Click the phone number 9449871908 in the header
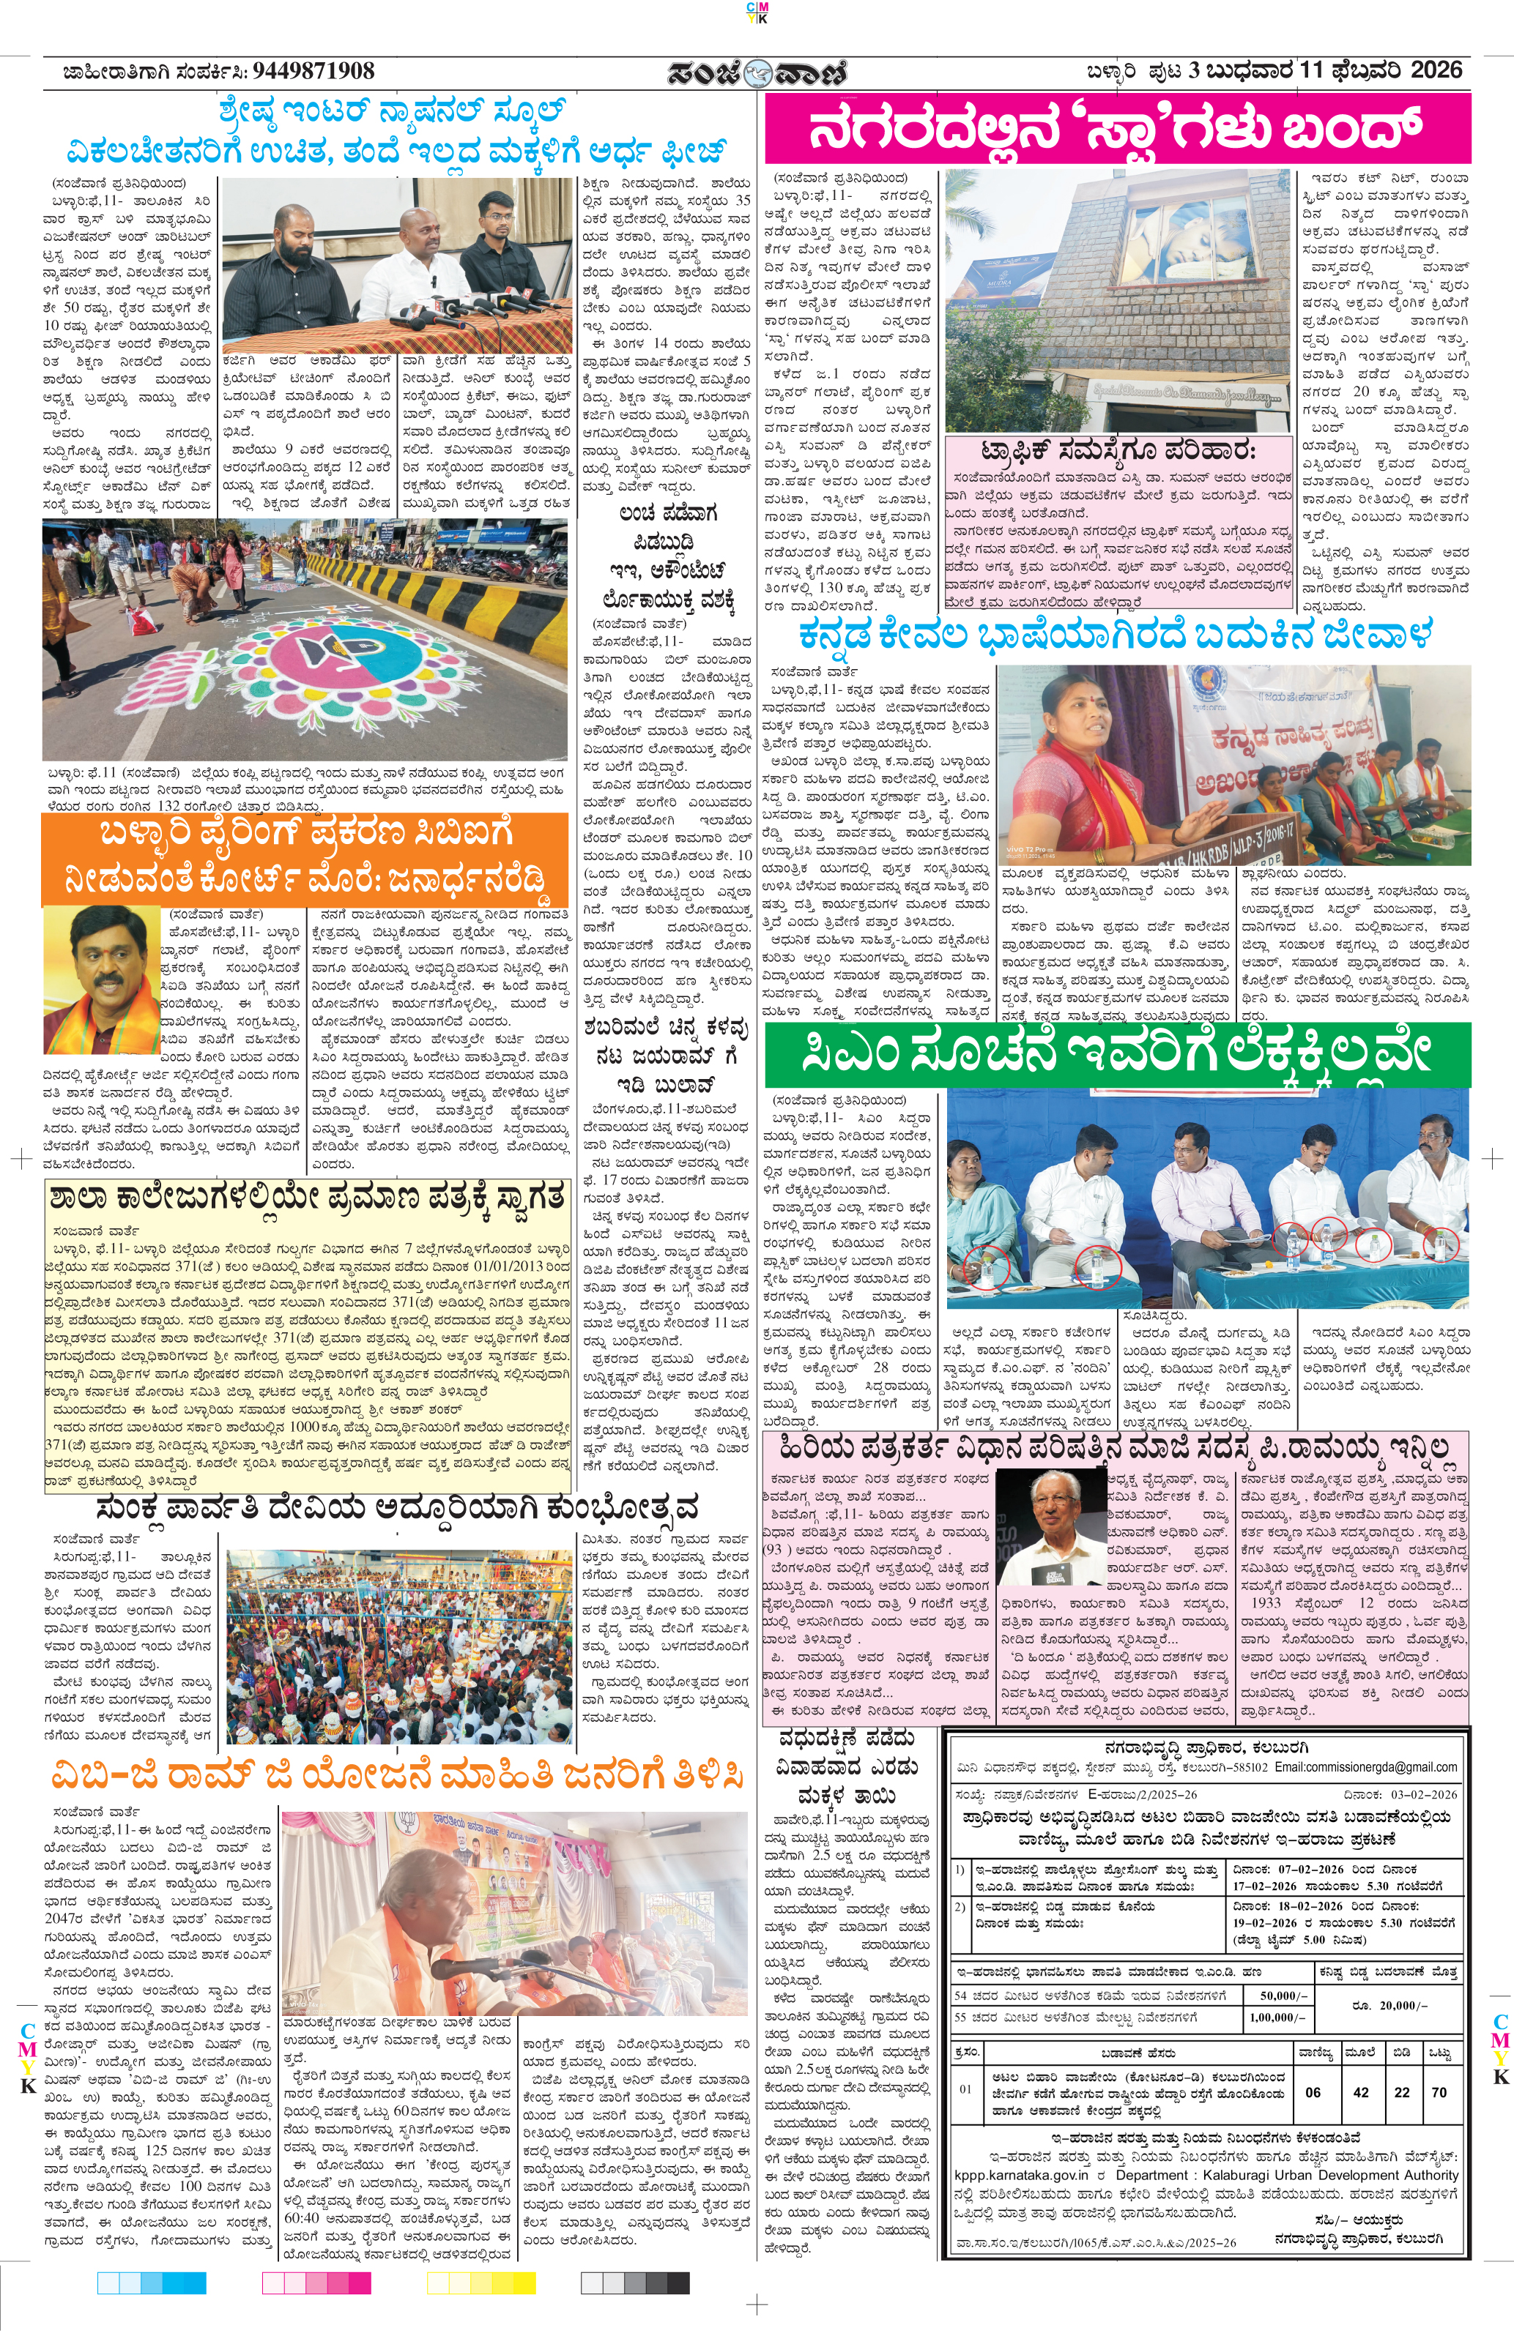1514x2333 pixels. (x=313, y=72)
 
